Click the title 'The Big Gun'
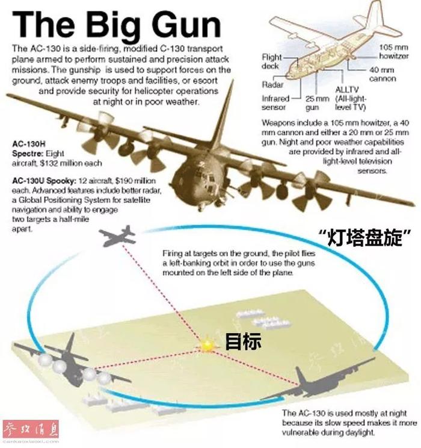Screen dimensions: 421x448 click(117, 25)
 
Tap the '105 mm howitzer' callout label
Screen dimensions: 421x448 click(393, 52)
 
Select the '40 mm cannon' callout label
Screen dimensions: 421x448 click(383, 74)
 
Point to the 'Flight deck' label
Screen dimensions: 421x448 click(271, 61)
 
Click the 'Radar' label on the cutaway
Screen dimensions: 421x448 click(272, 84)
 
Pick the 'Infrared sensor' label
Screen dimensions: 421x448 click(275, 103)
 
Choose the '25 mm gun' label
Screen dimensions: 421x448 click(317, 103)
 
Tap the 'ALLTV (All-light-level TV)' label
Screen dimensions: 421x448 click(351, 98)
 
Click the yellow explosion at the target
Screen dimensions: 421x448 click(207, 346)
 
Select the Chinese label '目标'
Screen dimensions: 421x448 click(243, 341)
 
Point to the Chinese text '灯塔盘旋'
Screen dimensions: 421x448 click(365, 237)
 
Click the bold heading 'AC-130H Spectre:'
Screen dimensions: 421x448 click(29, 149)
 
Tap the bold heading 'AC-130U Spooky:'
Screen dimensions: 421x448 click(45, 181)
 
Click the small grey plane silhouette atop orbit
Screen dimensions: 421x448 click(118, 236)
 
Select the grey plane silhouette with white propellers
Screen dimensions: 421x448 click(72, 362)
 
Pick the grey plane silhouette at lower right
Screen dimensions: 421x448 click(320, 380)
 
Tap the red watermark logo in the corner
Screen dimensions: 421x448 click(31, 429)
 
